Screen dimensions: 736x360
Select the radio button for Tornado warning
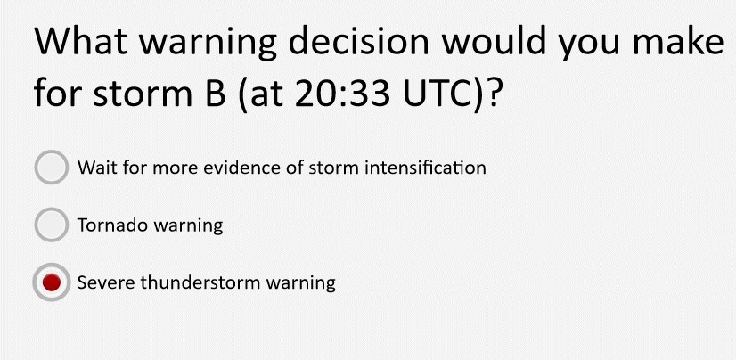pyautogui.click(x=51, y=225)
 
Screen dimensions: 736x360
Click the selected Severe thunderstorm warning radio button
pyautogui.click(x=51, y=282)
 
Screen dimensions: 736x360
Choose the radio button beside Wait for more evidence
pyautogui.click(x=51, y=168)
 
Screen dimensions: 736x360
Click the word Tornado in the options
pyautogui.click(x=112, y=225)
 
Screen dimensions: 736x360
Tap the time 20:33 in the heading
pyautogui.click(x=343, y=94)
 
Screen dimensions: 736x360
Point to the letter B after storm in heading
pyautogui.click(x=205, y=94)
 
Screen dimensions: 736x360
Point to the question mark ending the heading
pyautogui.click(x=493, y=93)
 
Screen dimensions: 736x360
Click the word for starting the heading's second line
pyautogui.click(x=58, y=93)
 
